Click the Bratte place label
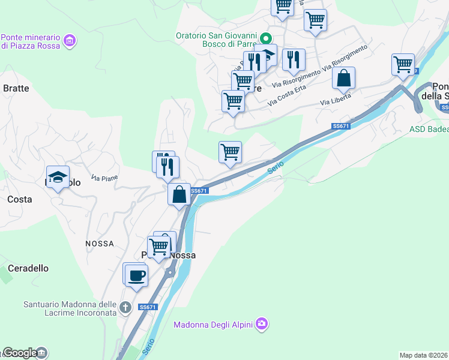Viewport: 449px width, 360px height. [16, 88]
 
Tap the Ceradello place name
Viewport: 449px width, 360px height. [28, 268]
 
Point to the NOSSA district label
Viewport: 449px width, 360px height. [100, 244]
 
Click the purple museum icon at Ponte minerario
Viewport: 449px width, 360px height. [70, 41]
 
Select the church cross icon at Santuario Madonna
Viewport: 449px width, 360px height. [125, 308]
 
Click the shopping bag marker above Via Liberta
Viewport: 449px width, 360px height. [344, 79]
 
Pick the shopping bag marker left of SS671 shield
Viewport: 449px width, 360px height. [179, 194]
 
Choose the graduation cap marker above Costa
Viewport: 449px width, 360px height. [58, 177]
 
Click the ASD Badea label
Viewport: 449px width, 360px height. [429, 129]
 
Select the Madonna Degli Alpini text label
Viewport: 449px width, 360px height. [213, 325]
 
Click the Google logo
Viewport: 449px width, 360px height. [20, 353]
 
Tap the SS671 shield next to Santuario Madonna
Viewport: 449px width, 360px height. [147, 307]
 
